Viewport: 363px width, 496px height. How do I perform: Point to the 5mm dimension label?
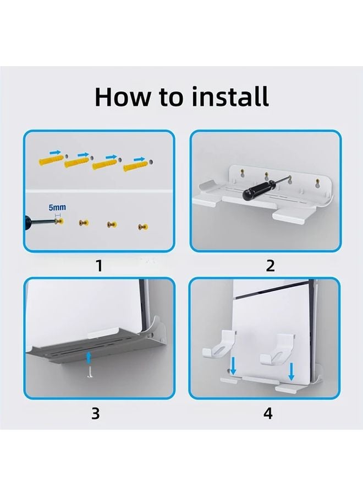[57, 207]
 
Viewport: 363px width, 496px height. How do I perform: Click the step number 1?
[99, 266]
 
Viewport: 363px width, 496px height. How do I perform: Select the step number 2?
[270, 266]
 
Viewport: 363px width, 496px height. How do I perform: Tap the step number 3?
[95, 413]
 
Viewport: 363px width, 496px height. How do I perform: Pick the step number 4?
[268, 413]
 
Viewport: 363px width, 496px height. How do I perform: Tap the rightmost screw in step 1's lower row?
[142, 226]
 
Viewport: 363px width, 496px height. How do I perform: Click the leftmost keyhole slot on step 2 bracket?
[240, 176]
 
